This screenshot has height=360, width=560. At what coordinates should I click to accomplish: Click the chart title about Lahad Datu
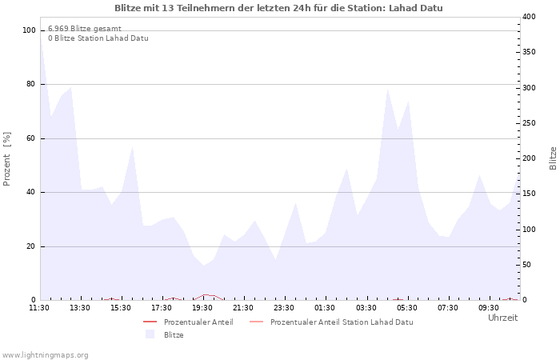pyautogui.click(x=278, y=8)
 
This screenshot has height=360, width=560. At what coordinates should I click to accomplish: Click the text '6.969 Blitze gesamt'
pyautogui.click(x=84, y=29)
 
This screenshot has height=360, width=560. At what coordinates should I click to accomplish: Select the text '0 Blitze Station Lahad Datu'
pyautogui.click(x=98, y=38)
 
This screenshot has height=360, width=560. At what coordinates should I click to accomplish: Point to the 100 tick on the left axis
pyautogui.click(x=30, y=30)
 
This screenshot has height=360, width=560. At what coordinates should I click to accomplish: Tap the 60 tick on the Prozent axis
pyautogui.click(x=31, y=138)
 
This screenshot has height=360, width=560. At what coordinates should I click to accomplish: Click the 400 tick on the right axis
pyautogui.click(x=529, y=17)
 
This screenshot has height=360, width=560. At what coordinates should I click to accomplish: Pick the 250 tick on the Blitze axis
pyautogui.click(x=529, y=123)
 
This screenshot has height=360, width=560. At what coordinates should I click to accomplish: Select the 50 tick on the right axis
pyautogui.click(x=526, y=265)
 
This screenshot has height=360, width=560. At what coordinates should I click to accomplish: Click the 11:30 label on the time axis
pyautogui.click(x=39, y=308)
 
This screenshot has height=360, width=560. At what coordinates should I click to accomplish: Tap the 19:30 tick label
pyautogui.click(x=202, y=308)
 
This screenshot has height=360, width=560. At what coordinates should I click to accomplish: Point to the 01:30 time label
pyautogui.click(x=325, y=308)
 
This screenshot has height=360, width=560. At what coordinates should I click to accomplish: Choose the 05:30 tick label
pyautogui.click(x=407, y=308)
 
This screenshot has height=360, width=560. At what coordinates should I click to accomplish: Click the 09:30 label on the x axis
pyautogui.click(x=489, y=308)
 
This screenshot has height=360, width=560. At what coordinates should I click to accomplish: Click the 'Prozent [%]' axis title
pyautogui.click(x=7, y=158)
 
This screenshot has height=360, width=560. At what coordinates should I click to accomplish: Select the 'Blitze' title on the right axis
pyautogui.click(x=553, y=158)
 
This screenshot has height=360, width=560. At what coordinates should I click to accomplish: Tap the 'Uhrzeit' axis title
pyautogui.click(x=502, y=318)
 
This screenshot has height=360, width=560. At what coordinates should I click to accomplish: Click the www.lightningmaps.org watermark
pyautogui.click(x=45, y=355)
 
